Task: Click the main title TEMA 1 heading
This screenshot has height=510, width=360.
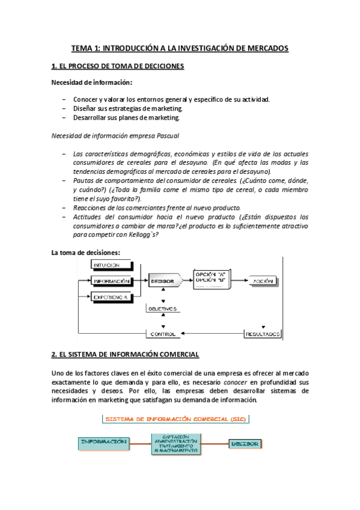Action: coord(180,48)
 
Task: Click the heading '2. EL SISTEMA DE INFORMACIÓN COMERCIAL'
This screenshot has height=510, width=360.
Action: coord(125,354)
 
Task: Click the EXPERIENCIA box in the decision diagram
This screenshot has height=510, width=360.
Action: coord(111,296)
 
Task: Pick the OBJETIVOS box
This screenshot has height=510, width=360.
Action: coord(162,309)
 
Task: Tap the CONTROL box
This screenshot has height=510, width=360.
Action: coord(162,333)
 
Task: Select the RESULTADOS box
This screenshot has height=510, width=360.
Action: coord(262,333)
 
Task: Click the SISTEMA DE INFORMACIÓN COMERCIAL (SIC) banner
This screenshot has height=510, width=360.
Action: coord(175,419)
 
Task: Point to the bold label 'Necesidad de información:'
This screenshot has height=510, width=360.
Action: coord(91,82)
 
